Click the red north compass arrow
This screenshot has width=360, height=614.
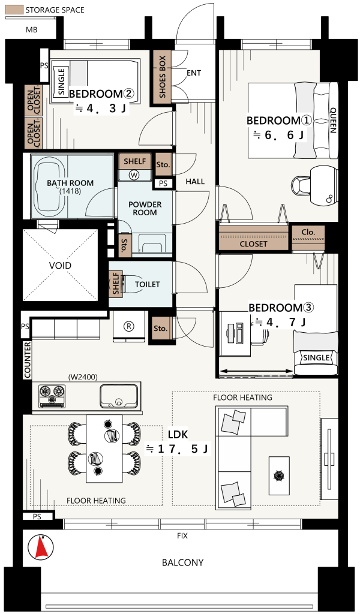click(41, 547)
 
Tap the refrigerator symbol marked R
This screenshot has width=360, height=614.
click(128, 326)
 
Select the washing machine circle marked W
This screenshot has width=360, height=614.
click(134, 175)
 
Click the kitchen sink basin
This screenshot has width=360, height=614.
click(119, 396)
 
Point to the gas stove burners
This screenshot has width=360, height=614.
click(52, 396)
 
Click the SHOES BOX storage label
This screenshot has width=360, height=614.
click(163, 77)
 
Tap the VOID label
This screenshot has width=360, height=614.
click(61, 266)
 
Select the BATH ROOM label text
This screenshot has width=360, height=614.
click(70, 183)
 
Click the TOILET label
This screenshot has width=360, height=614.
click(147, 284)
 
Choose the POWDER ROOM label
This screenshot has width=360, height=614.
click(145, 208)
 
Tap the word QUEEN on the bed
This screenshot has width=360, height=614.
click(333, 120)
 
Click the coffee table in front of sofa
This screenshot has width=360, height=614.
click(279, 475)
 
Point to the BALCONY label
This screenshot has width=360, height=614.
click(182, 562)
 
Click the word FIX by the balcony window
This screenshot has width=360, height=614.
click(182, 535)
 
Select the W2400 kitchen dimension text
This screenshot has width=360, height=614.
click(83, 377)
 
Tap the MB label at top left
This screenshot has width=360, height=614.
click(31, 29)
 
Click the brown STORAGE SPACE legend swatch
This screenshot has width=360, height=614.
click(14, 10)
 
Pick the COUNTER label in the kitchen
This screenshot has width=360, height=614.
click(28, 360)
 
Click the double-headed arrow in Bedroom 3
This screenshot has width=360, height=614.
click(256, 371)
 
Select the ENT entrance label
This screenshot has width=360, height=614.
click(194, 73)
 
